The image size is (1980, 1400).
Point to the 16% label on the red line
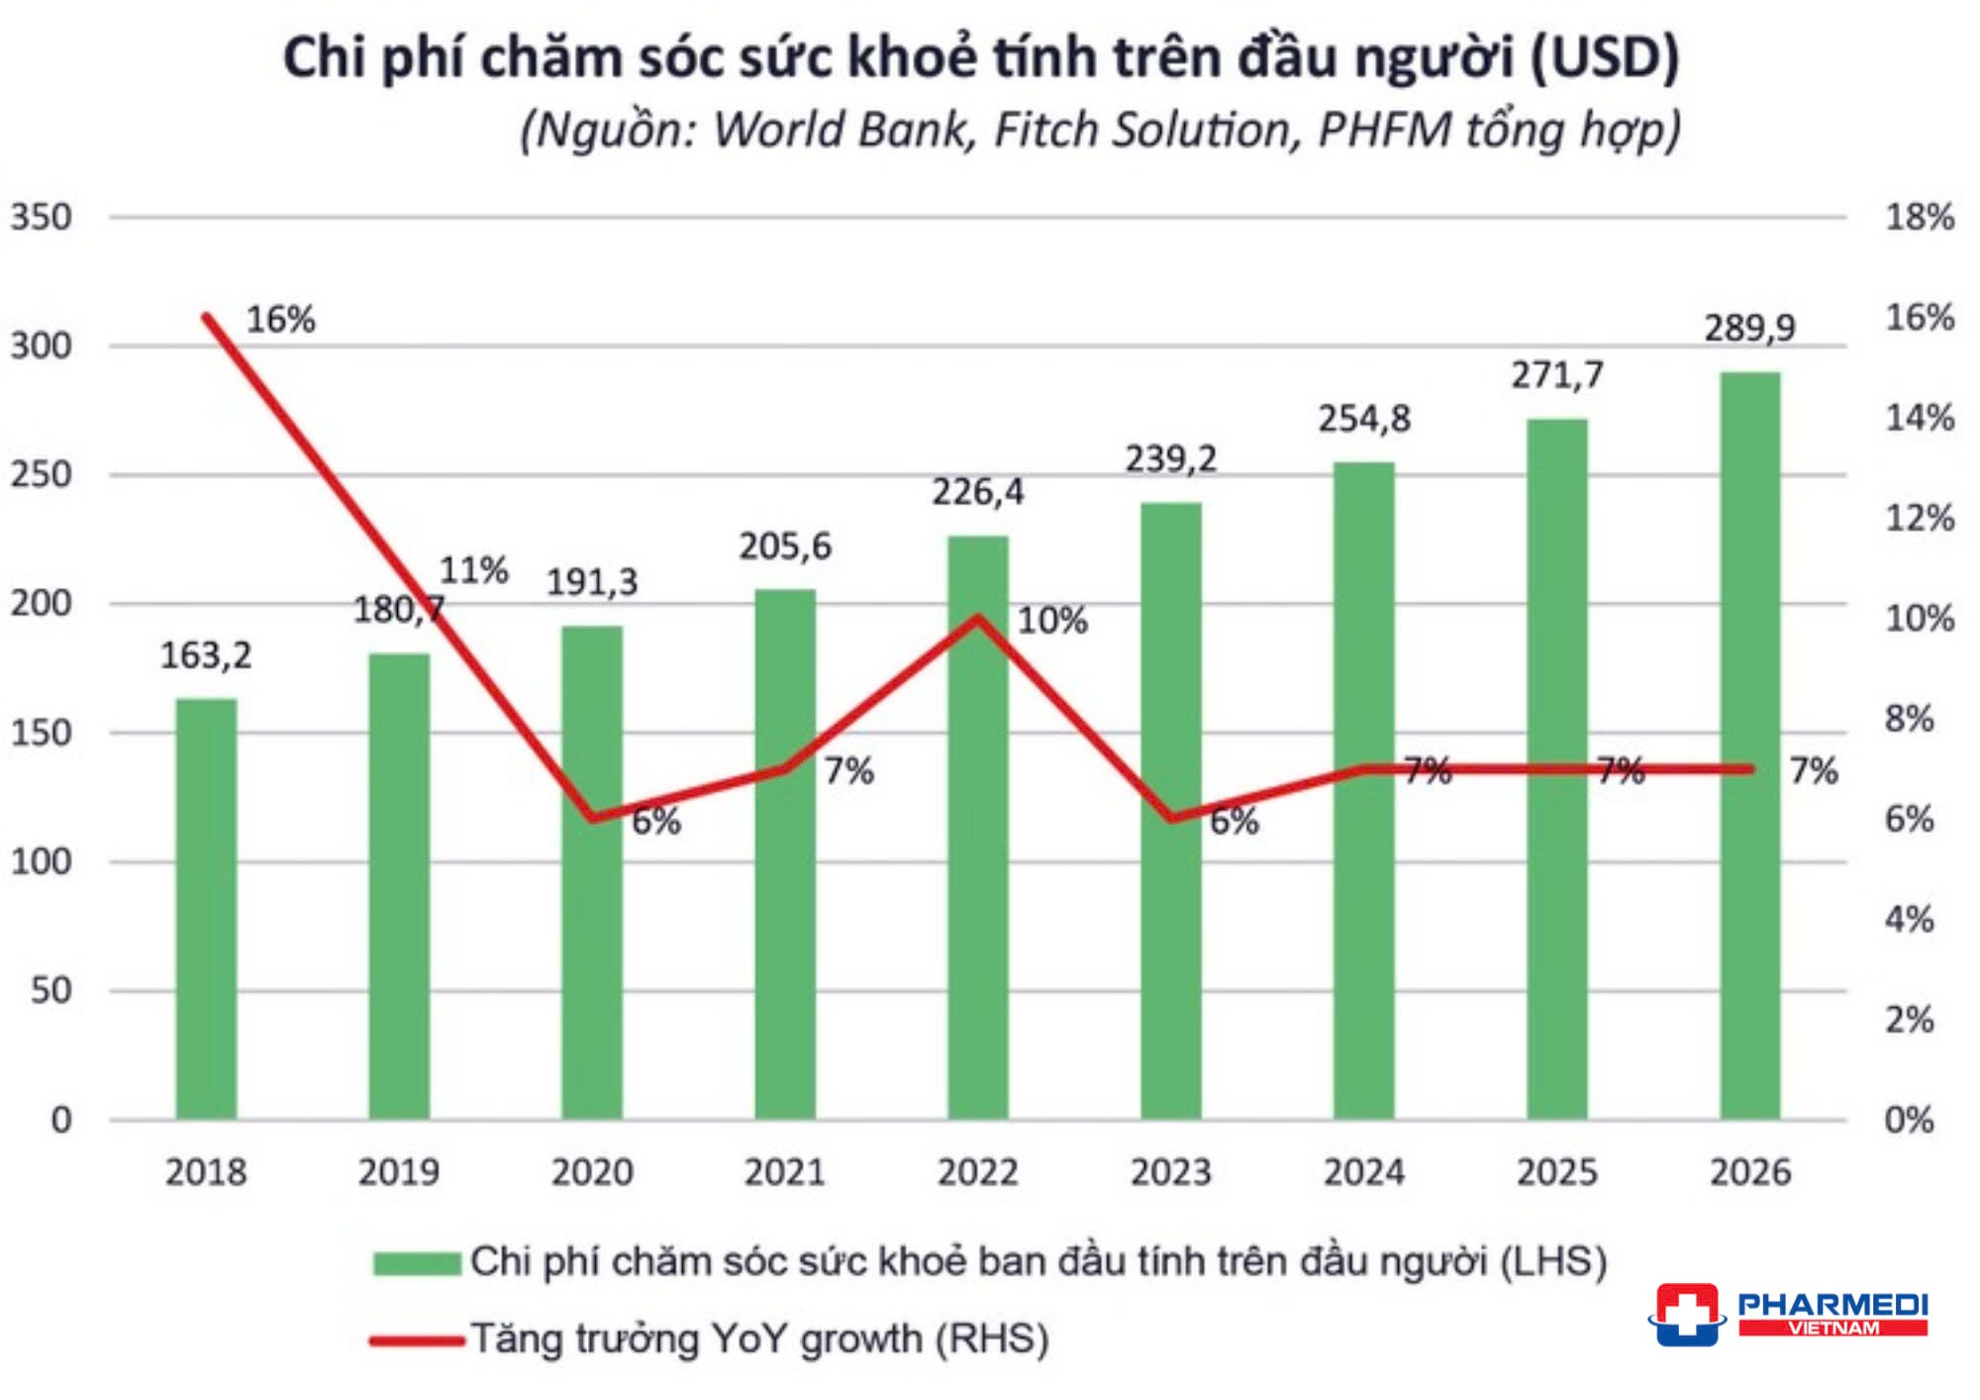click(280, 320)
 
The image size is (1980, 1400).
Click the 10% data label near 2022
click(1052, 621)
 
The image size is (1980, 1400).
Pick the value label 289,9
click(1748, 328)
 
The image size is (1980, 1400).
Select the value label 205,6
click(785, 546)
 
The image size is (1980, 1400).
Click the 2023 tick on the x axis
click(1170, 1172)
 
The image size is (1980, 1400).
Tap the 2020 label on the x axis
click(592, 1172)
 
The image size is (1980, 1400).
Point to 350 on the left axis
click(42, 217)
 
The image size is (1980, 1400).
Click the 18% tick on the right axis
click(1919, 217)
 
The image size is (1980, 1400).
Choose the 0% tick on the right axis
click(1909, 1120)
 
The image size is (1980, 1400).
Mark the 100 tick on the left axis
click(42, 861)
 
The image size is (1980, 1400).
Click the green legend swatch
click(417, 1263)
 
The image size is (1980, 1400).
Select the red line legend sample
click(417, 1341)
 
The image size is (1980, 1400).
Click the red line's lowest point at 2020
click(592, 818)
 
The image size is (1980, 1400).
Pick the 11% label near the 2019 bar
click(473, 570)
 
